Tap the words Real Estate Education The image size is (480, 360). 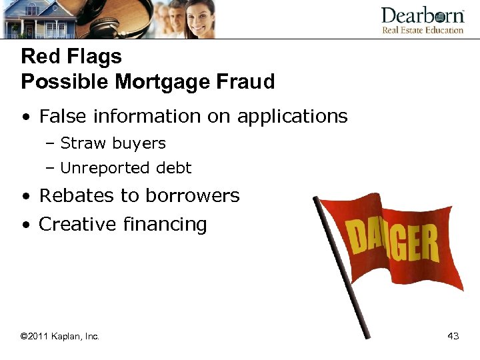[x=422, y=31]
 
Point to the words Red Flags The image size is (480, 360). [x=71, y=56]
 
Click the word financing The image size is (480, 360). [x=165, y=225]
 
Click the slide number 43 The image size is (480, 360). [x=453, y=336]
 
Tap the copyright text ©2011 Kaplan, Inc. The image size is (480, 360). [x=60, y=336]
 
